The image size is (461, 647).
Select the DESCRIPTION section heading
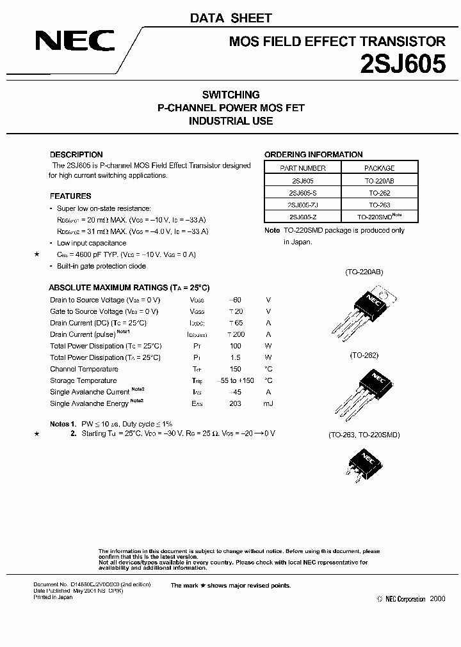click(x=76, y=155)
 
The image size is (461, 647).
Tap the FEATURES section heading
click(x=70, y=196)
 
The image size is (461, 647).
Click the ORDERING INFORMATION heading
click(x=314, y=155)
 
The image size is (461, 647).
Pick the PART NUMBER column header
click(x=303, y=168)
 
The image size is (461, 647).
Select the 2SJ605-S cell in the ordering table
click(x=303, y=193)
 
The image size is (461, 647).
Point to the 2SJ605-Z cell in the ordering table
click(x=303, y=217)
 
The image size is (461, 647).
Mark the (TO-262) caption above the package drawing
click(x=364, y=354)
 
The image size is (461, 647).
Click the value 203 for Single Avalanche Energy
click(x=235, y=403)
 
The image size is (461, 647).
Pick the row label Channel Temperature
click(x=84, y=369)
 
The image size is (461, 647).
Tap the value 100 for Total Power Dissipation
click(x=235, y=346)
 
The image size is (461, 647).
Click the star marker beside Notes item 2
click(x=36, y=434)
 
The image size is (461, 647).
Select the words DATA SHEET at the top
click(x=230, y=18)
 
